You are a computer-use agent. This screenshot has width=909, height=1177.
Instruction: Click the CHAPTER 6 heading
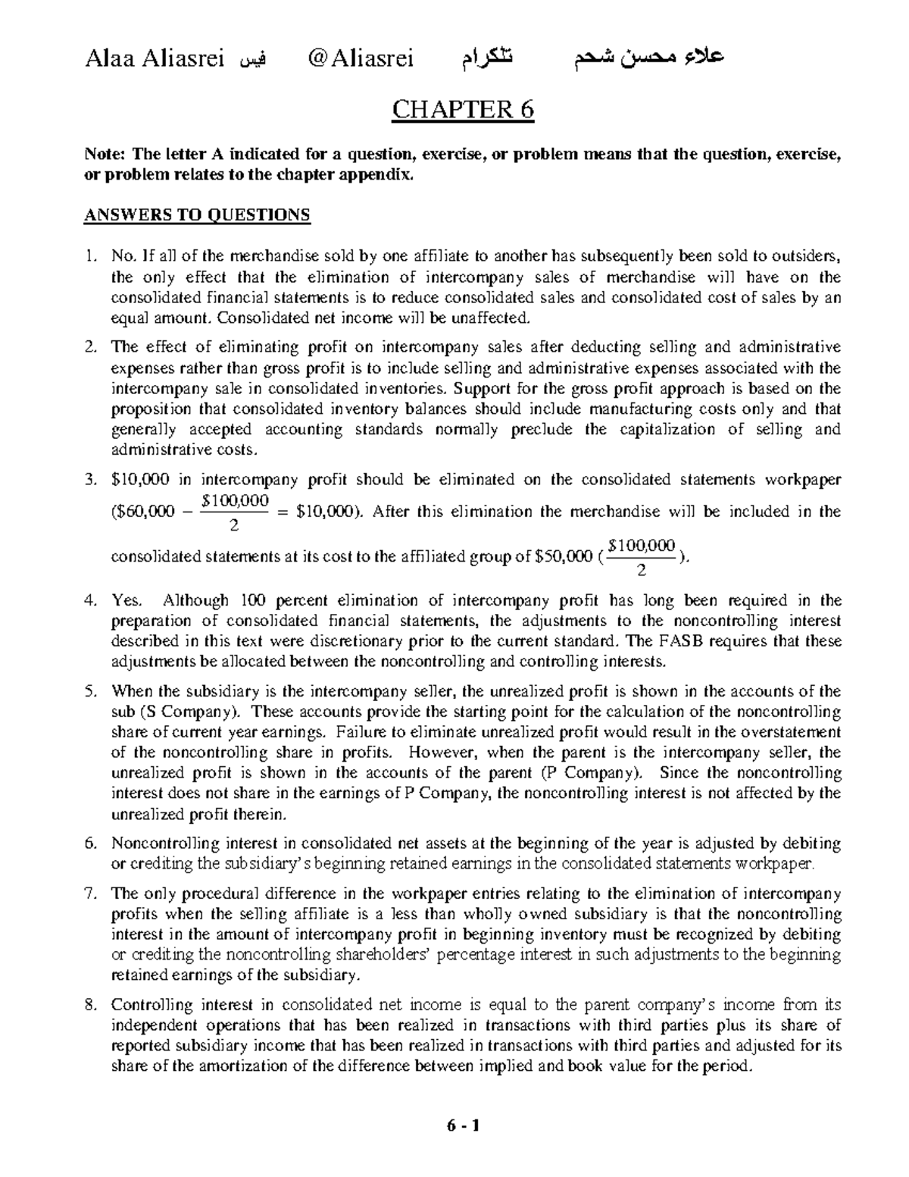pos(462,111)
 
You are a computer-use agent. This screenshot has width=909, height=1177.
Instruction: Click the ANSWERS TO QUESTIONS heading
pos(196,215)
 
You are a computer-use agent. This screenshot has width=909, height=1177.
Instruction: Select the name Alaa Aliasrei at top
pos(155,58)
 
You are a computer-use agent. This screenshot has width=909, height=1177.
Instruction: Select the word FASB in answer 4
pos(685,641)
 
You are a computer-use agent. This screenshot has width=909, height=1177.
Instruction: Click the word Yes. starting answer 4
pos(127,601)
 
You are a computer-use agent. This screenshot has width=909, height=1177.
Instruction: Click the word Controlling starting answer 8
pos(152,1006)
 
